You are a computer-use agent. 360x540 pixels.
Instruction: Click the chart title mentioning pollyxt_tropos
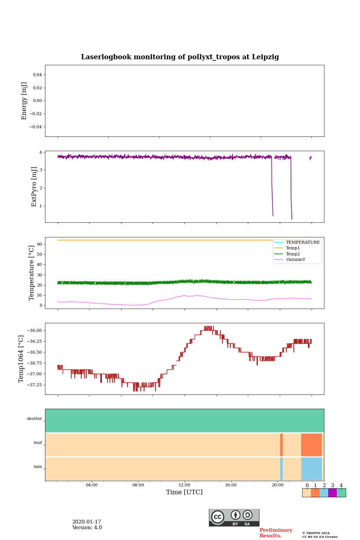(180, 57)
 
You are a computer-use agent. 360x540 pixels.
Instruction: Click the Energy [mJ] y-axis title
(24, 101)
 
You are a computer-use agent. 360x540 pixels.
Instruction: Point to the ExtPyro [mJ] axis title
(34, 187)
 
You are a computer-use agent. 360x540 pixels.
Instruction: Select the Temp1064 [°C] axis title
(21, 359)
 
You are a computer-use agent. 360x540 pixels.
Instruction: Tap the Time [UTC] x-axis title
(184, 492)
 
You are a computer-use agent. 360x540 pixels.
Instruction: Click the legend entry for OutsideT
(295, 259)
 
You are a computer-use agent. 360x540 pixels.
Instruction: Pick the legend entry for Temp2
(293, 254)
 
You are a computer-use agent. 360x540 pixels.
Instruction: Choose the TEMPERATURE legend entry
(303, 242)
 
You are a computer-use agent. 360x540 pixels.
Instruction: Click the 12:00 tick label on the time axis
(184, 485)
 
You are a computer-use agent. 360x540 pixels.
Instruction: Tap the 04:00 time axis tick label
(91, 485)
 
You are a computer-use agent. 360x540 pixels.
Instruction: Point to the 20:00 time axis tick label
(277, 485)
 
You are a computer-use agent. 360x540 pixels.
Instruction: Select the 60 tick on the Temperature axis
(39, 244)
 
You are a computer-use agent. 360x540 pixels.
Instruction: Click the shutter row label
(34, 419)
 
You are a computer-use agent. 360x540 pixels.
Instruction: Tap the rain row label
(38, 467)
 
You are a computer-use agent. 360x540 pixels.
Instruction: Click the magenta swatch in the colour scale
(332, 493)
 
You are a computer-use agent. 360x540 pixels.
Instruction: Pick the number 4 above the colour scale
(341, 486)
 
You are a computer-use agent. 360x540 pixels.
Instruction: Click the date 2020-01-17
(87, 522)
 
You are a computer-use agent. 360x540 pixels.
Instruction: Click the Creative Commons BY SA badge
(234, 517)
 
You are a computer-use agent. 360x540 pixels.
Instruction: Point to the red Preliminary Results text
(276, 533)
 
